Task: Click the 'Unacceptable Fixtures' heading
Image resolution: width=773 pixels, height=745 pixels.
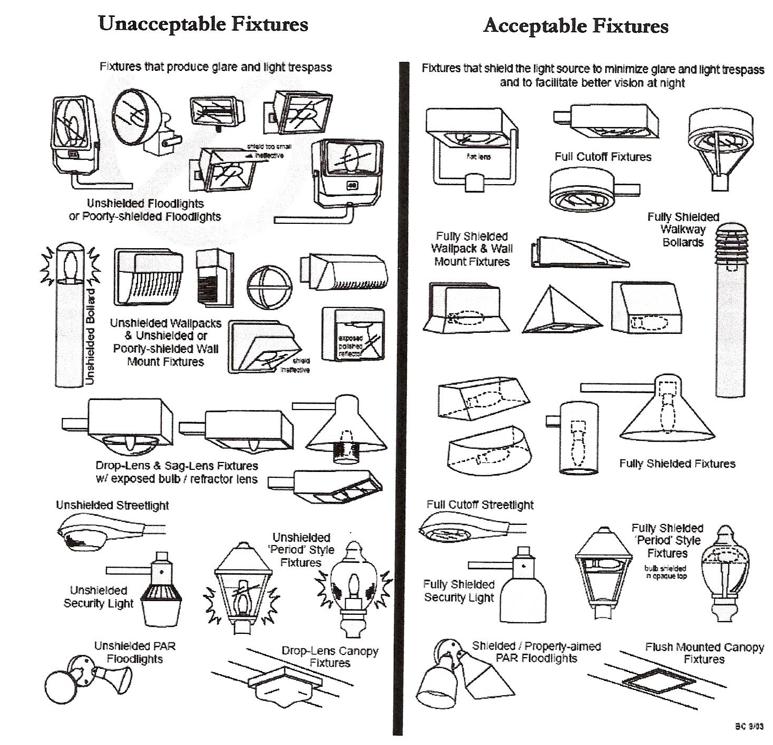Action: click(x=203, y=24)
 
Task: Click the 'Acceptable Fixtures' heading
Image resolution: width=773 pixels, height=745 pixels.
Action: click(x=576, y=26)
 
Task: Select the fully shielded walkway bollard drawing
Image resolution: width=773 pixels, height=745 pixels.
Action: click(x=730, y=310)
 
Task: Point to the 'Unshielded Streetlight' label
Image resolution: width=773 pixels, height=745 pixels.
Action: click(x=112, y=505)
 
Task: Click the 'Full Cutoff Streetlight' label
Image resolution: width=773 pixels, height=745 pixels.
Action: click(x=480, y=505)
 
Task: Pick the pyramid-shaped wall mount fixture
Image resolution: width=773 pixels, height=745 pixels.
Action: click(x=562, y=312)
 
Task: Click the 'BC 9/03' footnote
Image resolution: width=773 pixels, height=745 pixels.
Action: click(x=749, y=726)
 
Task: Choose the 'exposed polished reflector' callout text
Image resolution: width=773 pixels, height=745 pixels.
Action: click(x=350, y=345)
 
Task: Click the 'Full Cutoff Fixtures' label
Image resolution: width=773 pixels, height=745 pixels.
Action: click(x=603, y=157)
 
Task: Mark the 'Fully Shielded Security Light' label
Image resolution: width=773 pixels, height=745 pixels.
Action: click(x=459, y=591)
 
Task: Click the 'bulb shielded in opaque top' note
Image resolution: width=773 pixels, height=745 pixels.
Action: click(x=666, y=572)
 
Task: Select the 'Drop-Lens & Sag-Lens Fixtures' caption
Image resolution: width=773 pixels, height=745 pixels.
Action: click(x=177, y=473)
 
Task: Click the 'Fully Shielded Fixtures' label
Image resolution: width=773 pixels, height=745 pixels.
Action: click(x=677, y=464)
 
